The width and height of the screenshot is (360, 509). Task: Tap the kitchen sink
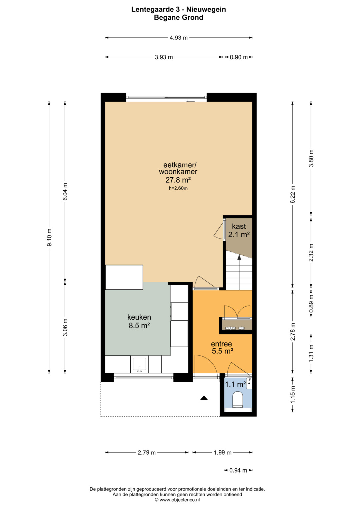(139, 365)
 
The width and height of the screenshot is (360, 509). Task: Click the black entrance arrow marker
(204, 398)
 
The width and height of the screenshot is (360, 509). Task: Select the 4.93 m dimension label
(179, 38)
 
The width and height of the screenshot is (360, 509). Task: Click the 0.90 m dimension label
(238, 57)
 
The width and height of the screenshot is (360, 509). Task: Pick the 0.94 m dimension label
(238, 470)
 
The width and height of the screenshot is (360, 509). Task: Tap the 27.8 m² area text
(178, 180)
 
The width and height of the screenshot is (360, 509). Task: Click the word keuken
(139, 317)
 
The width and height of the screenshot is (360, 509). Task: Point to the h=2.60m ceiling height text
(178, 188)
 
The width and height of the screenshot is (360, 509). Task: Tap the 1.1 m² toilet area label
(235, 384)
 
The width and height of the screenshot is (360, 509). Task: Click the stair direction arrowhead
(239, 257)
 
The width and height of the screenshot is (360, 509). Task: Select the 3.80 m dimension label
(311, 158)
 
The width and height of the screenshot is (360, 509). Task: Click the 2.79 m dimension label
(147, 453)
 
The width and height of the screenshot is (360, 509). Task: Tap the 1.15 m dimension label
(293, 395)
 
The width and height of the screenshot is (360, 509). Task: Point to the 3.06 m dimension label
(65, 327)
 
